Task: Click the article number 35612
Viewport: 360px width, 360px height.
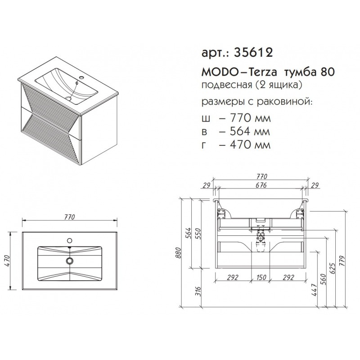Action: click(253, 53)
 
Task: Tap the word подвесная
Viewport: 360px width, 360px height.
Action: click(226, 85)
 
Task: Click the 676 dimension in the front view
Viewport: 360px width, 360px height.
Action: click(261, 185)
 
